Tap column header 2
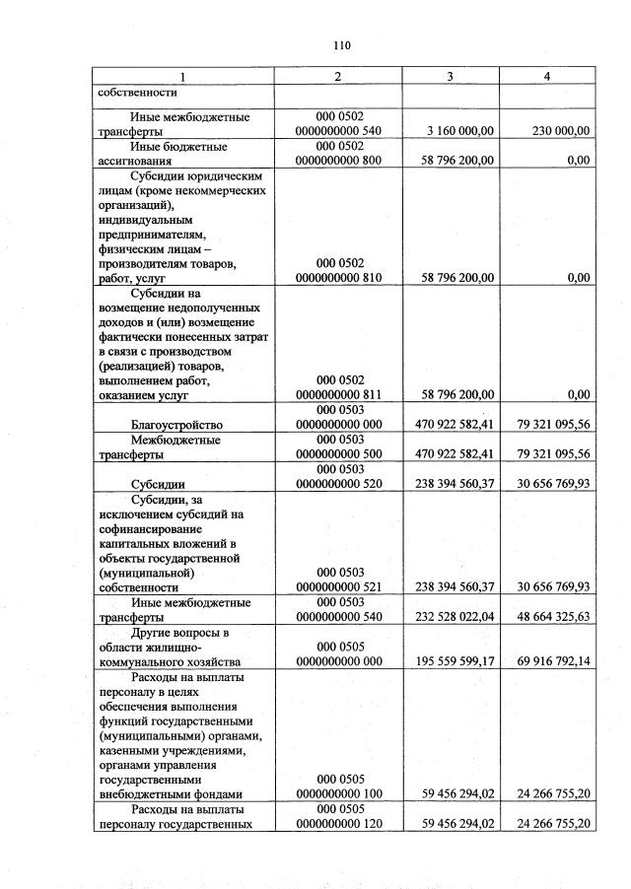pos(340,76)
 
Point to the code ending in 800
pos(340,160)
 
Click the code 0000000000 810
pos(340,278)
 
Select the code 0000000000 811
pos(340,395)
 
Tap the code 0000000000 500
pos(340,454)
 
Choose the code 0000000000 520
pos(340,484)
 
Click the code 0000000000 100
pos(340,793)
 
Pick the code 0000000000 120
pos(340,823)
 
